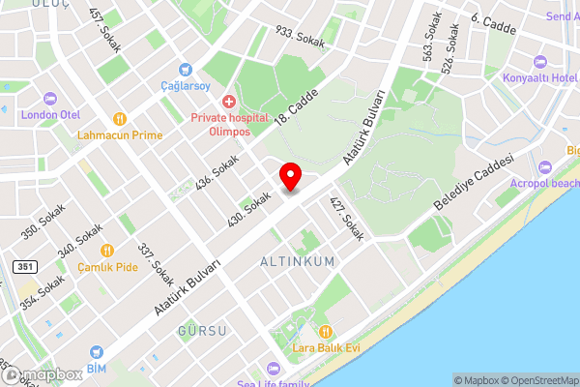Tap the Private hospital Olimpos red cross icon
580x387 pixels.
(229, 101)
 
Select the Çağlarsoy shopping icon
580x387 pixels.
(187, 70)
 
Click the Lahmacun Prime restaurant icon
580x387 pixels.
(120, 119)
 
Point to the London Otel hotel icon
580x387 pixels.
(50, 98)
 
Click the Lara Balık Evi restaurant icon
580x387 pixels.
(325, 331)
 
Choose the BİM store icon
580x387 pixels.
(96, 354)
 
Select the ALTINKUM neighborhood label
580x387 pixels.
(298, 262)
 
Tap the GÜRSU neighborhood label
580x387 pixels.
(202, 331)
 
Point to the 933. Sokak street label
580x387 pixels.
(300, 37)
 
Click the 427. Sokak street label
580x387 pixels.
(345, 220)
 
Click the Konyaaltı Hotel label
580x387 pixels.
(539, 77)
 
